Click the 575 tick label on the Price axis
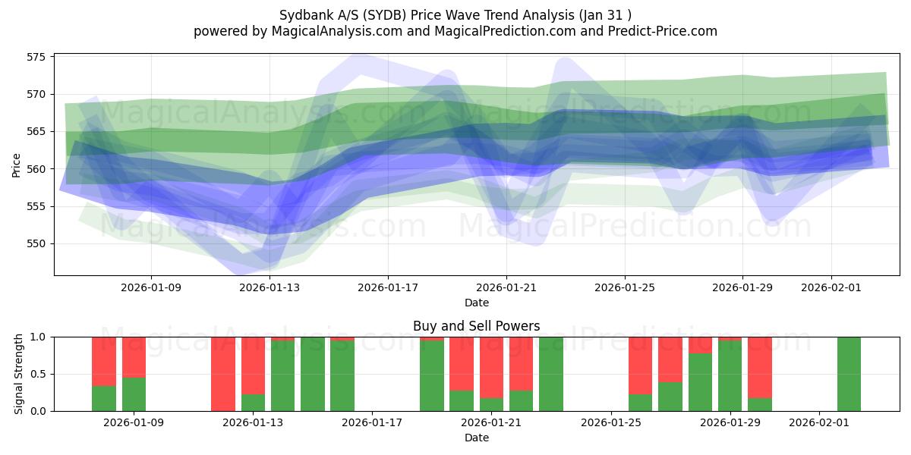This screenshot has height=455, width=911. click(36, 57)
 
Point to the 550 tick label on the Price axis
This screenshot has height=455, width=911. click(36, 244)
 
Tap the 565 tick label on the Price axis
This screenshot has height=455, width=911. click(36, 132)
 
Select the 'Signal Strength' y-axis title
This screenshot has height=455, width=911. click(19, 374)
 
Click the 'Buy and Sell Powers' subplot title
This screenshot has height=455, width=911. click(476, 326)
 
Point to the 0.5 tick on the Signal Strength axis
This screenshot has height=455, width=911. click(39, 374)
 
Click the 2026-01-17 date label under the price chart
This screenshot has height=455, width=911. click(388, 287)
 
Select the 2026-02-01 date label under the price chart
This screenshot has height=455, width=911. click(831, 287)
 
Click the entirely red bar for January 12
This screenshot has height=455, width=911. click(223, 374)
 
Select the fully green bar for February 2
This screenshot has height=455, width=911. click(849, 374)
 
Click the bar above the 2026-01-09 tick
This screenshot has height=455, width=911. click(134, 374)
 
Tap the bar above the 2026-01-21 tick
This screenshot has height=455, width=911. click(491, 374)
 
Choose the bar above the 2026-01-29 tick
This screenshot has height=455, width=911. click(730, 374)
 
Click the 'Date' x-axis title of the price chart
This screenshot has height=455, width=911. click(476, 303)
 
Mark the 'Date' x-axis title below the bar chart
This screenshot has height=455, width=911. click(476, 438)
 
